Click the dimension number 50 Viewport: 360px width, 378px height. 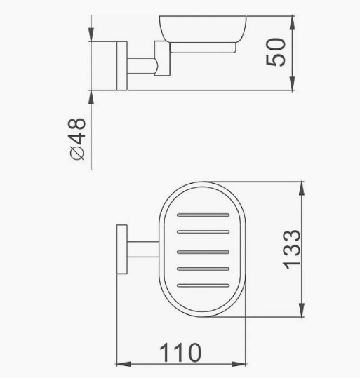[276, 52]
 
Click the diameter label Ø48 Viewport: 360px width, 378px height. [78, 139]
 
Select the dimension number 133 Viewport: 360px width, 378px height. [292, 250]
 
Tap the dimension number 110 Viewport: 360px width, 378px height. [180, 353]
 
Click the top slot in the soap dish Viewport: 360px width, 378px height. [204, 215]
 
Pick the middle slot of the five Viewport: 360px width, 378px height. [204, 252]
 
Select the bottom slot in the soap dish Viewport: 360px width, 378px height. [204, 285]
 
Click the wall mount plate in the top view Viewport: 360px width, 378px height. [122, 250]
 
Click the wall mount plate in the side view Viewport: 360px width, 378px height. [122, 66]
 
